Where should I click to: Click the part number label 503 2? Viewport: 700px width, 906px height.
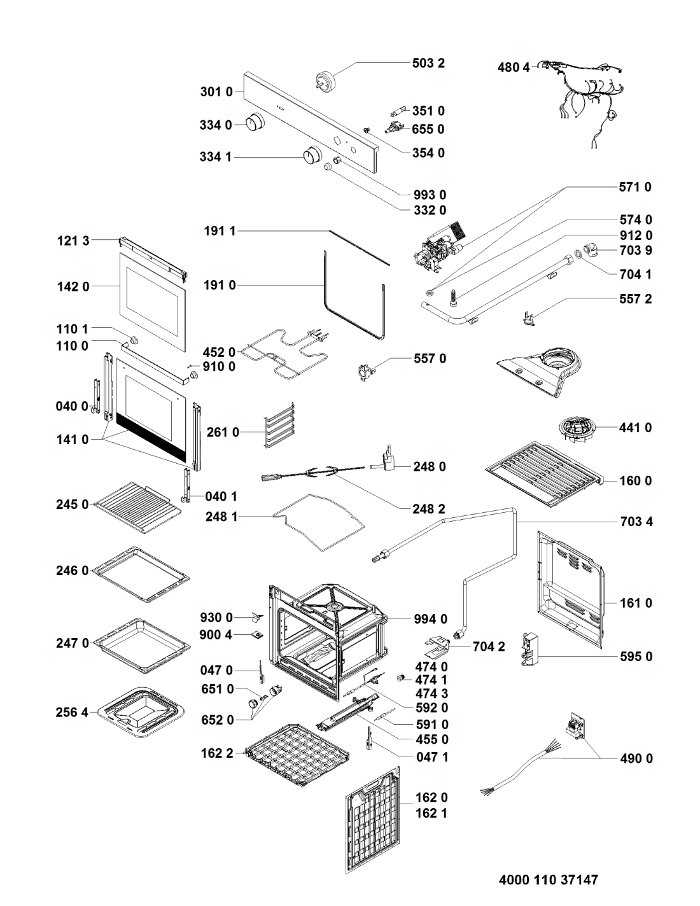428,63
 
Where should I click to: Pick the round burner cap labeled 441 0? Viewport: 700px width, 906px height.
577,428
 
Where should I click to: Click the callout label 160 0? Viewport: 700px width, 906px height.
635,481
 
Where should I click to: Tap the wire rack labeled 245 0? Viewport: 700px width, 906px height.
137,506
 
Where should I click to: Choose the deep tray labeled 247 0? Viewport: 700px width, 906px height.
143,644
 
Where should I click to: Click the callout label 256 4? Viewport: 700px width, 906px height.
72,713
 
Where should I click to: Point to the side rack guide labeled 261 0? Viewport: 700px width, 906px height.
280,424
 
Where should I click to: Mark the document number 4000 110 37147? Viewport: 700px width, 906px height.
548,880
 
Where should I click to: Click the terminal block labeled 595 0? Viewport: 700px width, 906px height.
529,649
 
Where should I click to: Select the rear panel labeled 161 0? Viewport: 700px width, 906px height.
570,589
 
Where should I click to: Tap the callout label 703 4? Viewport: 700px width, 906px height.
636,522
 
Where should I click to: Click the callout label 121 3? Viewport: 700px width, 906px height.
73,240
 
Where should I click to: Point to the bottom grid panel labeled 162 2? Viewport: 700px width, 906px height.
297,754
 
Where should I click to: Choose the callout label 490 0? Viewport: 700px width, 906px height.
636,758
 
